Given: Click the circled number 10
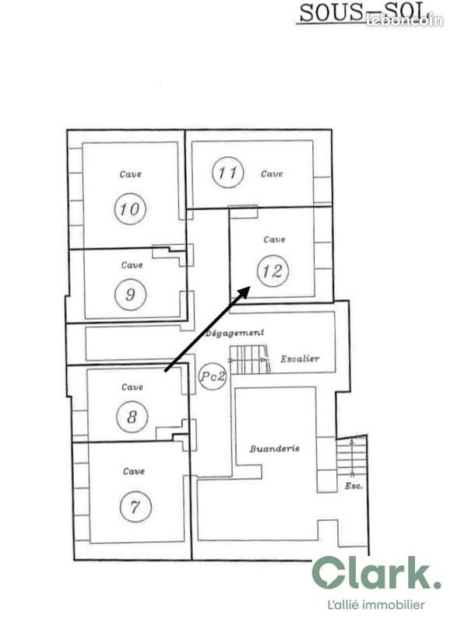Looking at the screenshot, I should coord(130,208).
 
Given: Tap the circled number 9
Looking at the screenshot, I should coord(130,294).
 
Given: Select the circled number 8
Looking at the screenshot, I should coord(132,417).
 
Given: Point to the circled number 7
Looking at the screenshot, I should coord(135,507).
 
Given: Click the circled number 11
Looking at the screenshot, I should coord(227,173).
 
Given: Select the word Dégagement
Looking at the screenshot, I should coord(235,333).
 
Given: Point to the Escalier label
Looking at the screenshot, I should coord(300,359).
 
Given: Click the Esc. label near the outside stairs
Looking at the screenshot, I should coord(353,487).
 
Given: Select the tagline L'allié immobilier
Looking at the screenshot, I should coord(376,604).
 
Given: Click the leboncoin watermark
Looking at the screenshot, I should coord(404,21).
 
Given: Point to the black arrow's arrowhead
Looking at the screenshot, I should coord(245,291).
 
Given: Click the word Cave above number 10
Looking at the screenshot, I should coord(130,174).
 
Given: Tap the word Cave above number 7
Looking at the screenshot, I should coord(134,471).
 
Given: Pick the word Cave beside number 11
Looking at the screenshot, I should coord(272,173).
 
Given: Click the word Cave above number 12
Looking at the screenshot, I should coord(274,239).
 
